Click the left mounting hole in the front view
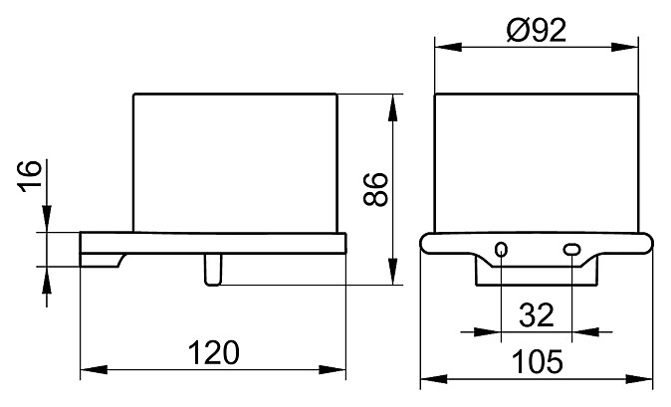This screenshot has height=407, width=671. coord(502,249)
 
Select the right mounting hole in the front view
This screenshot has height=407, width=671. coord(572,249)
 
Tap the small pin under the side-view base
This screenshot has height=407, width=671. coord(212,270)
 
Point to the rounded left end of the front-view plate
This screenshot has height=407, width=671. coord(426,245)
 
